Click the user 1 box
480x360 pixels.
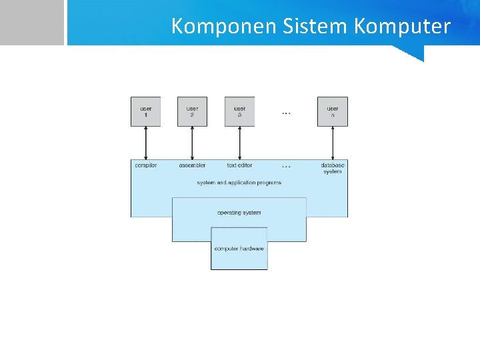[x=145, y=111]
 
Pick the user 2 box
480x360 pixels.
[x=192, y=111]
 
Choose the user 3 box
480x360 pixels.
[x=239, y=111]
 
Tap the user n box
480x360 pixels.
[x=333, y=111]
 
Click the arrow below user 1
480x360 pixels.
[x=145, y=143]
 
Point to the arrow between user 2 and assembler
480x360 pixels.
[x=192, y=143]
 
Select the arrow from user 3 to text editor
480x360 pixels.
[x=239, y=143]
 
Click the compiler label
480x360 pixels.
[x=145, y=165]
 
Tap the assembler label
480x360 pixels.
[x=192, y=165]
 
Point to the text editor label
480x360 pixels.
[x=239, y=165]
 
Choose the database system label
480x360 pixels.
[x=333, y=168]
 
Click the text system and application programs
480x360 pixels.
[x=239, y=183]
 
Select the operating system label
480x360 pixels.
[x=239, y=213]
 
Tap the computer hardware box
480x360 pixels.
[x=239, y=249]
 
